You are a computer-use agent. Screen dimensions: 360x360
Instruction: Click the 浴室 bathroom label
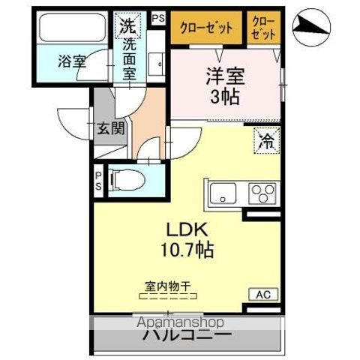(72, 61)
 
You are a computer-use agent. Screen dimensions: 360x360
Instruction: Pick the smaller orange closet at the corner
(262, 28)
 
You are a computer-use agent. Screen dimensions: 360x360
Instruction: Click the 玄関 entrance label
(109, 127)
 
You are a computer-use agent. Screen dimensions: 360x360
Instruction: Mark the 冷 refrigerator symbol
(265, 139)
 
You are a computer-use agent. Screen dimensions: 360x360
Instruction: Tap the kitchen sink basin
(223, 193)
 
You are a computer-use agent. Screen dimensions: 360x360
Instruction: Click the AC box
(265, 295)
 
